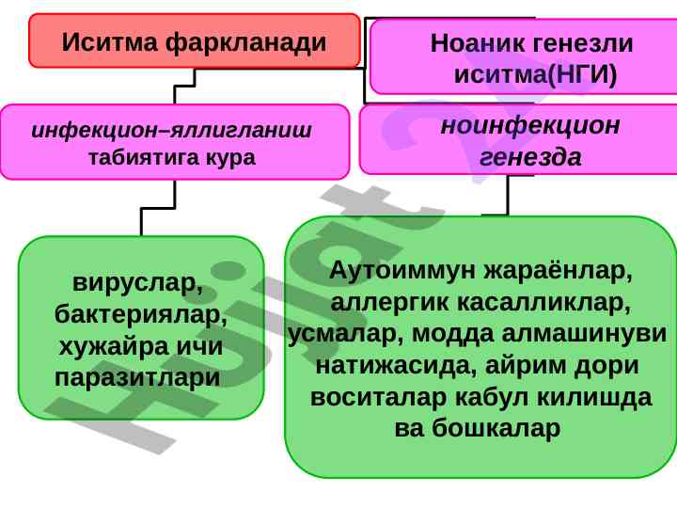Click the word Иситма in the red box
coord(110,42)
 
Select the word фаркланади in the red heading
coord(246,43)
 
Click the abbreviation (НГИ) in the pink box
coord(582,74)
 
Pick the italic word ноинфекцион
coord(530,125)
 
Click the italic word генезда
coord(530,156)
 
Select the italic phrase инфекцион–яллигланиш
coord(171,130)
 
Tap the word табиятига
coord(143,158)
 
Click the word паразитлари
coord(137,377)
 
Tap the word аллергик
coord(390,302)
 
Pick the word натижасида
coord(397,365)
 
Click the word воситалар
coord(378,397)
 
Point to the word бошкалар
coord(496,429)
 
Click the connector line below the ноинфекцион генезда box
coord(508,195)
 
